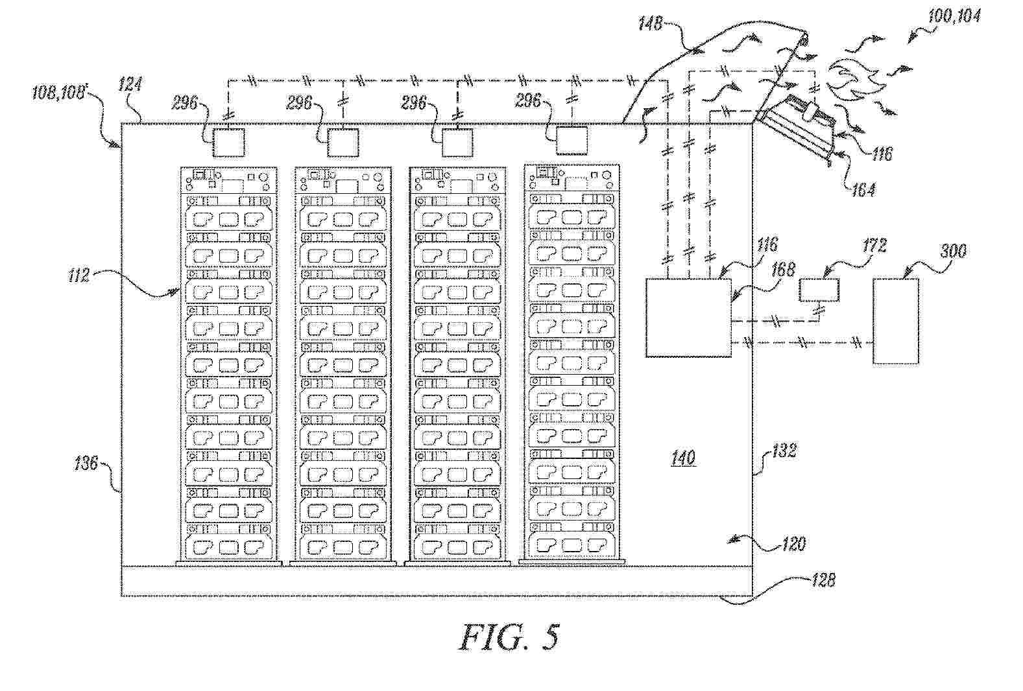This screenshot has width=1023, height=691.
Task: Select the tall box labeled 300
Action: (895, 321)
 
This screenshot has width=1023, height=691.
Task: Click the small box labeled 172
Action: (819, 290)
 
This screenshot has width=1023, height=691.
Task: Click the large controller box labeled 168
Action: (688, 318)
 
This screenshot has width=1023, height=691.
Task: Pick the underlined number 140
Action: (683, 459)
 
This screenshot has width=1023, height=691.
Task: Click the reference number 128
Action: (823, 580)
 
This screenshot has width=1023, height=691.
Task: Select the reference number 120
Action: (793, 543)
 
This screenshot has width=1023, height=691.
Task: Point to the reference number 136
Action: (85, 463)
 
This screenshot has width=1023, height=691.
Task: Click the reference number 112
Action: (78, 276)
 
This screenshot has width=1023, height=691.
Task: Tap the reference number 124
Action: (130, 84)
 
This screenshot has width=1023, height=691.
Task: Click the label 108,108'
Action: (59, 93)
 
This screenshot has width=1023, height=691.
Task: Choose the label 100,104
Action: (954, 16)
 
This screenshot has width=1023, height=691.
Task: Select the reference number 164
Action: (863, 189)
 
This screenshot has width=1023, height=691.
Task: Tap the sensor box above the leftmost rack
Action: (229, 142)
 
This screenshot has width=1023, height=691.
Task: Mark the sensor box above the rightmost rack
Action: (572, 141)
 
